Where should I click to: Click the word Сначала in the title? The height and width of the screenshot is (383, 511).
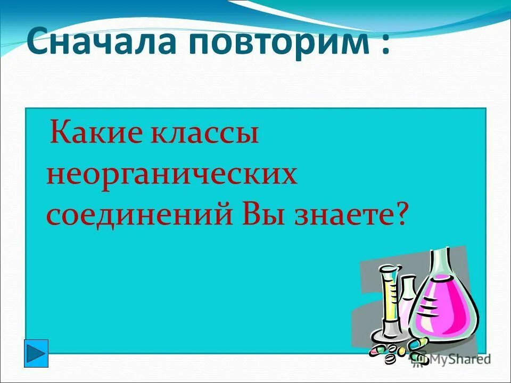pyautogui.click(x=101, y=43)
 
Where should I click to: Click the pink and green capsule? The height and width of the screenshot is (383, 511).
pyautogui.click(x=377, y=351)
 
